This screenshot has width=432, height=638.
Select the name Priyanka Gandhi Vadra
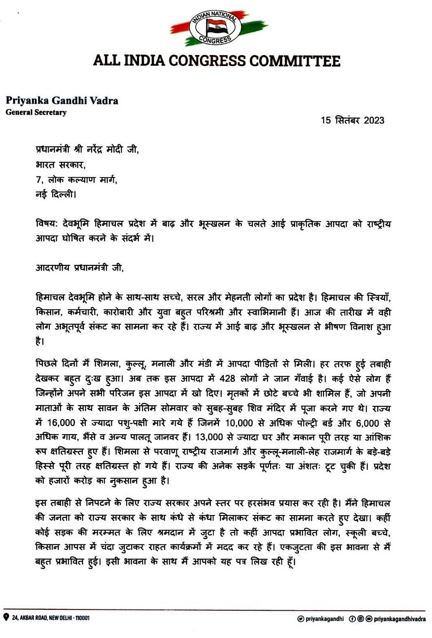tap(62, 100)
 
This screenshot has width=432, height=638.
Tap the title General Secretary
tap(36, 112)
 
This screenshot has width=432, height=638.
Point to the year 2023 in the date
tap(374, 120)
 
